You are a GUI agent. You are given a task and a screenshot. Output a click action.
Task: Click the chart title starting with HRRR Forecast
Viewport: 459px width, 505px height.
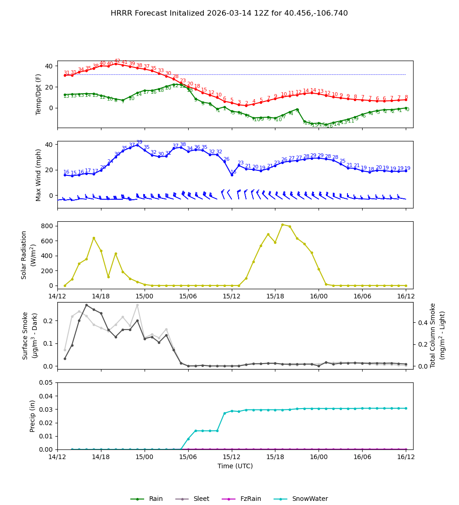(229, 13)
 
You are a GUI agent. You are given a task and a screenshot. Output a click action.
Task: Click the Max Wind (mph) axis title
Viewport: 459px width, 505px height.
(39, 174)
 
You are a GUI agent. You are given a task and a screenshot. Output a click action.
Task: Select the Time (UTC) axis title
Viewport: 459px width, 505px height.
(235, 466)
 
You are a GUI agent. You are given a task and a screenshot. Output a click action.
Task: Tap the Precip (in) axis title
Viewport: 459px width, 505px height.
(33, 416)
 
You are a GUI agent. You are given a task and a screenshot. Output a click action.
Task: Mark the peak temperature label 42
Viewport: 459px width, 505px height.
(117, 61)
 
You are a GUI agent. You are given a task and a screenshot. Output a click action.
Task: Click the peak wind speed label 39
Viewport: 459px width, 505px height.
(139, 142)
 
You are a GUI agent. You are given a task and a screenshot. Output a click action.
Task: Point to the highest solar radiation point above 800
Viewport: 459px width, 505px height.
(282, 224)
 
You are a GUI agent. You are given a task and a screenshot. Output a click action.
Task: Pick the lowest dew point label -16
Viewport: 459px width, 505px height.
(329, 126)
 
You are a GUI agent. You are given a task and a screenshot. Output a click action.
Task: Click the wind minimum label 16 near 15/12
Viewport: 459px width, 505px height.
(233, 172)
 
